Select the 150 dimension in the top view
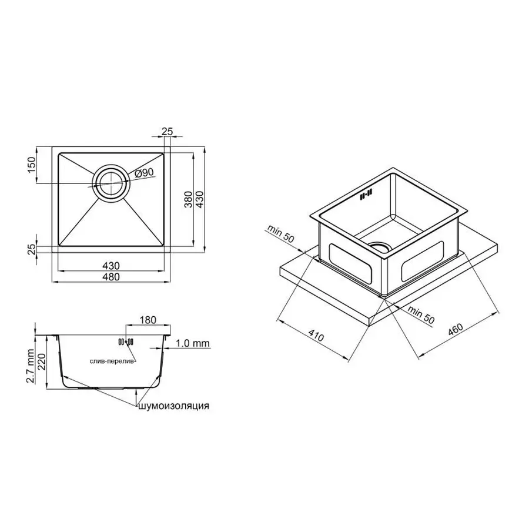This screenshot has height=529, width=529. (32, 166)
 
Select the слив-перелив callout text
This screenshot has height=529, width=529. (112, 361)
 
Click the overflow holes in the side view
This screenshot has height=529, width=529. (126, 341)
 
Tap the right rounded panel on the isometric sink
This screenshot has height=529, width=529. (421, 262)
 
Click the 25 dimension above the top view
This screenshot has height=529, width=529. (167, 132)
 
